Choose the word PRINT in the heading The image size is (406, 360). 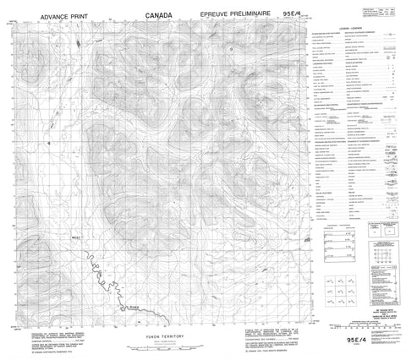[79, 15]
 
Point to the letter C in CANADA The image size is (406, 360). [149, 15]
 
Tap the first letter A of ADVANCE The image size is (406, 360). [25, 15]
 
